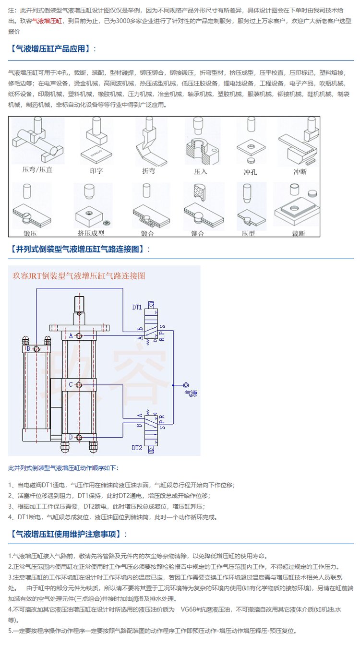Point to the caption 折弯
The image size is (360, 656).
(148, 170)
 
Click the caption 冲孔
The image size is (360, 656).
(251, 171)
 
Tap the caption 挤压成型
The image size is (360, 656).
(91, 233)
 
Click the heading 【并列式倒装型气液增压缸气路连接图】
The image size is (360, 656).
(80, 249)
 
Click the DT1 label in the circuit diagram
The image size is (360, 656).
(137, 307)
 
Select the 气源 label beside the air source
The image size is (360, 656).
(191, 394)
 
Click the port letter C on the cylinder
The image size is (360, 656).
(71, 385)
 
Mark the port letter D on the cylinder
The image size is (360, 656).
(71, 437)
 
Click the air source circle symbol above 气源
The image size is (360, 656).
(186, 385)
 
